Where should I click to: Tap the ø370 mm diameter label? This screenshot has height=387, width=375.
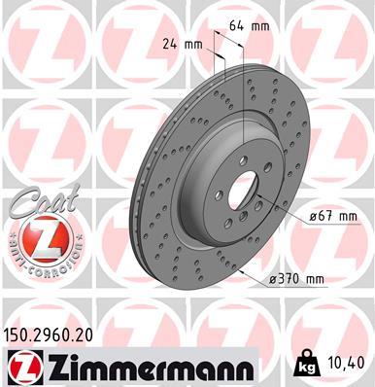pyautogui.click(x=297, y=280)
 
